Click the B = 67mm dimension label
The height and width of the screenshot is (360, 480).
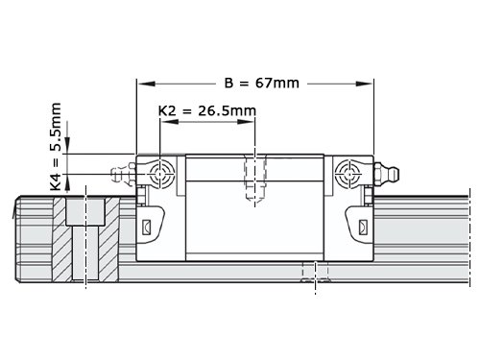262,84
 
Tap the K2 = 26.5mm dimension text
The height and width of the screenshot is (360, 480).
207,111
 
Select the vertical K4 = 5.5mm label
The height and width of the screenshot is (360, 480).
56,147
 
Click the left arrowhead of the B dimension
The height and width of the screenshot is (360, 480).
147,84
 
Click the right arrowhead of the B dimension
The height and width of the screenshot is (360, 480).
364,84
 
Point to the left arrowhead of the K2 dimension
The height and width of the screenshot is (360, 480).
169,122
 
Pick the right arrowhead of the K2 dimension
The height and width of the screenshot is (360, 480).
246,122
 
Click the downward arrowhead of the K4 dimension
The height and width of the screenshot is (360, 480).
67,145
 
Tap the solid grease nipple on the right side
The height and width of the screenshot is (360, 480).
387,174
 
